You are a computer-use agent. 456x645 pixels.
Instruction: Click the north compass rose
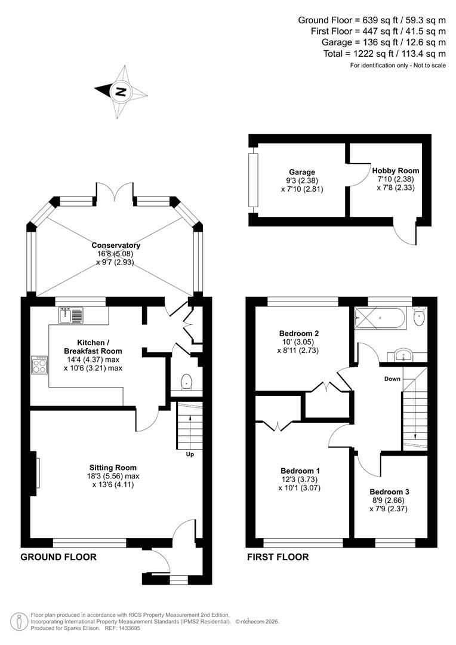[x=121, y=91]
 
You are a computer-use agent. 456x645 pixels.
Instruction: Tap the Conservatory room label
[x=116, y=245]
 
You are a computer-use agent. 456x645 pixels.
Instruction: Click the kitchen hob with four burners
[x=41, y=365]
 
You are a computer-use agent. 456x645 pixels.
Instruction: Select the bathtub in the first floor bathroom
[x=380, y=319]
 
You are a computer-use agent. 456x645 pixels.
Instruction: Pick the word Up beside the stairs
[x=190, y=454]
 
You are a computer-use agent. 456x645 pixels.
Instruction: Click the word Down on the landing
[x=392, y=379]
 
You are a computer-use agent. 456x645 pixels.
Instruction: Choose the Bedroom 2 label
[x=299, y=333]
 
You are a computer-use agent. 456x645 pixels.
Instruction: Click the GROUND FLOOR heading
[x=58, y=557]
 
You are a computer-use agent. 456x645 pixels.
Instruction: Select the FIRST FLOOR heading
[x=278, y=557]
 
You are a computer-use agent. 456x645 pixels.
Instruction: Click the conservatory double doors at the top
[x=116, y=191]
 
